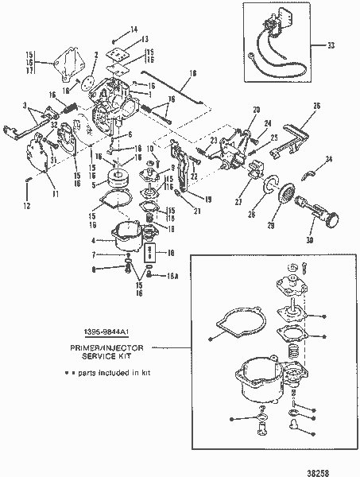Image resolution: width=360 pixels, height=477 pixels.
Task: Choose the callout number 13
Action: click(x=144, y=40)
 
